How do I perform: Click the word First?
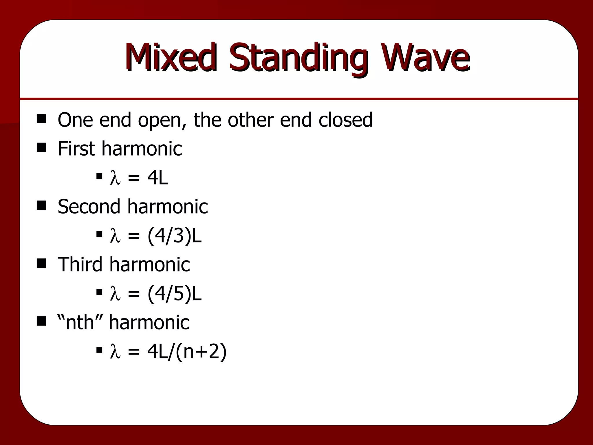point(76,148)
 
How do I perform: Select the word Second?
point(89,207)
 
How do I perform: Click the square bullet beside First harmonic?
point(41,148)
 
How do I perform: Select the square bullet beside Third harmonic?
point(41,264)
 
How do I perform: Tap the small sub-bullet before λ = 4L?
point(99,176)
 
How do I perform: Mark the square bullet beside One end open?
point(41,119)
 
